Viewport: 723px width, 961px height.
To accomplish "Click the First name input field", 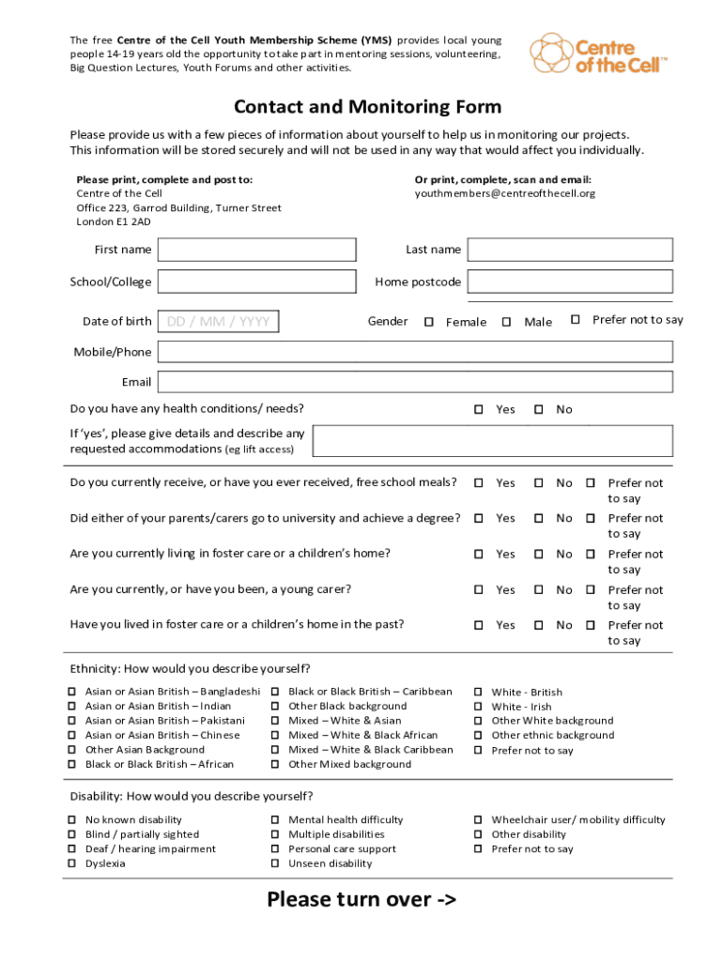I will (x=257, y=250).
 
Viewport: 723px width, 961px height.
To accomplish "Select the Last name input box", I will (x=570, y=250).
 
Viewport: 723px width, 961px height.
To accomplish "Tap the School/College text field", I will (x=257, y=282).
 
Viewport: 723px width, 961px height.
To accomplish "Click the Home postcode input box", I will (x=570, y=282).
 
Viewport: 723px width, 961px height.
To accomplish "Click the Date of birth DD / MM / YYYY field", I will (x=219, y=322).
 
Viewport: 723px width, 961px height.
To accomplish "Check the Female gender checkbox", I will (x=429, y=322).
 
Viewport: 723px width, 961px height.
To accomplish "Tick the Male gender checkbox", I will (x=506, y=322).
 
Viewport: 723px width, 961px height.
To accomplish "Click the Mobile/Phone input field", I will (x=415, y=352).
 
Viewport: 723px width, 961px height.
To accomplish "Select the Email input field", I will (x=415, y=382).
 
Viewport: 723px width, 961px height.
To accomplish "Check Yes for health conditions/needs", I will (x=478, y=410).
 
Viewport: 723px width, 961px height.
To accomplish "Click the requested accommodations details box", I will (x=492, y=441).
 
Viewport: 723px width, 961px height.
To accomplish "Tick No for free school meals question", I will (x=539, y=483).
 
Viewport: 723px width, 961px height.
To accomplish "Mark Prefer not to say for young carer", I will (x=591, y=590).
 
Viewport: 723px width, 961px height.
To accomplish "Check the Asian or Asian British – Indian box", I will (x=71, y=707).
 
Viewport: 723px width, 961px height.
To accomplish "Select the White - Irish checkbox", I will (x=478, y=707).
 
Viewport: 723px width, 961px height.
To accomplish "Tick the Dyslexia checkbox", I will (x=71, y=863).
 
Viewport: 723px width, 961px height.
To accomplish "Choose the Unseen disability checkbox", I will (x=275, y=863).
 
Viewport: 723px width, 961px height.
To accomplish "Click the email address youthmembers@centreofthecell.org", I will (x=505, y=193).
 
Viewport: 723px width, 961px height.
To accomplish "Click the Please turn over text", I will (x=361, y=900).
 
